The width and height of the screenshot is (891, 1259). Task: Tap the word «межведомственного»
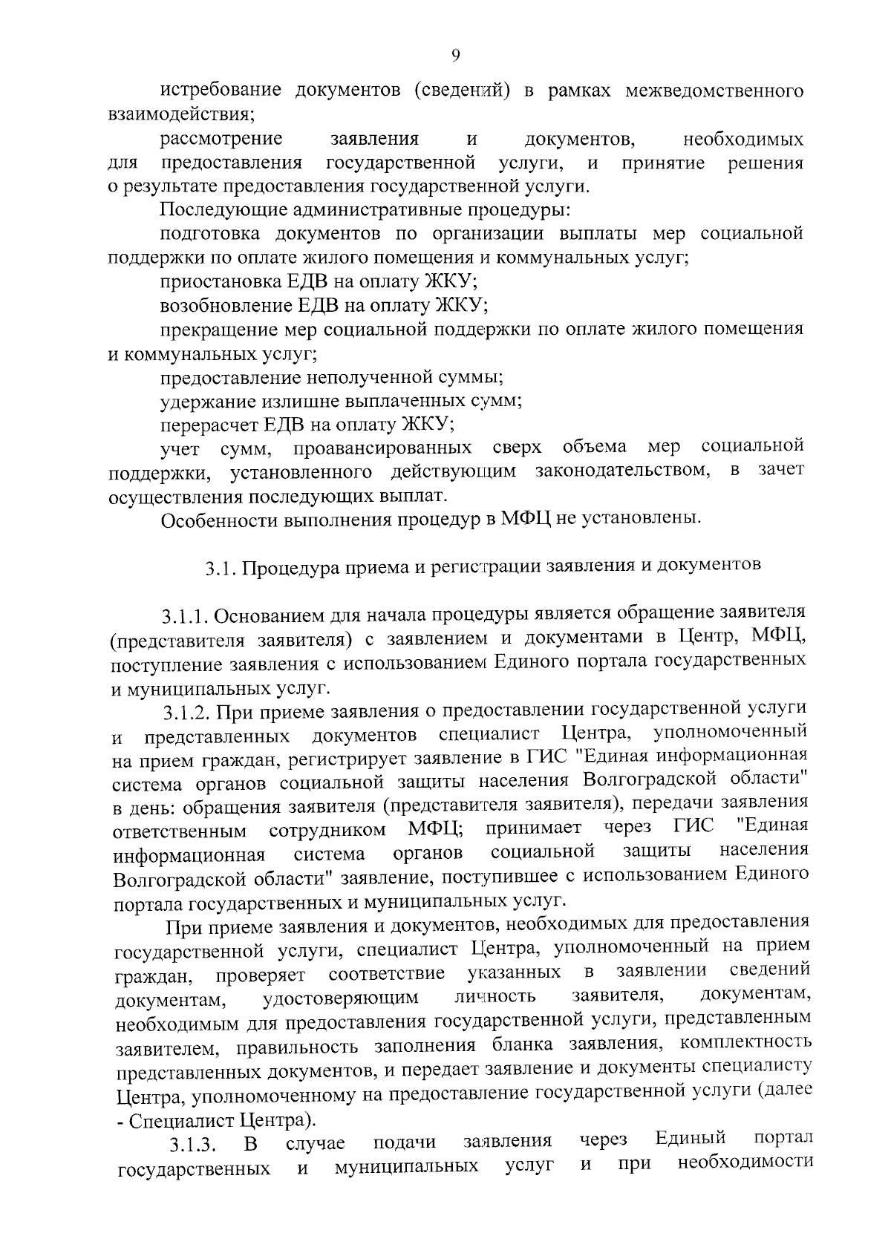[715, 91]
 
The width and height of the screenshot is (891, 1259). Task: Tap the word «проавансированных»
[382, 448]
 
